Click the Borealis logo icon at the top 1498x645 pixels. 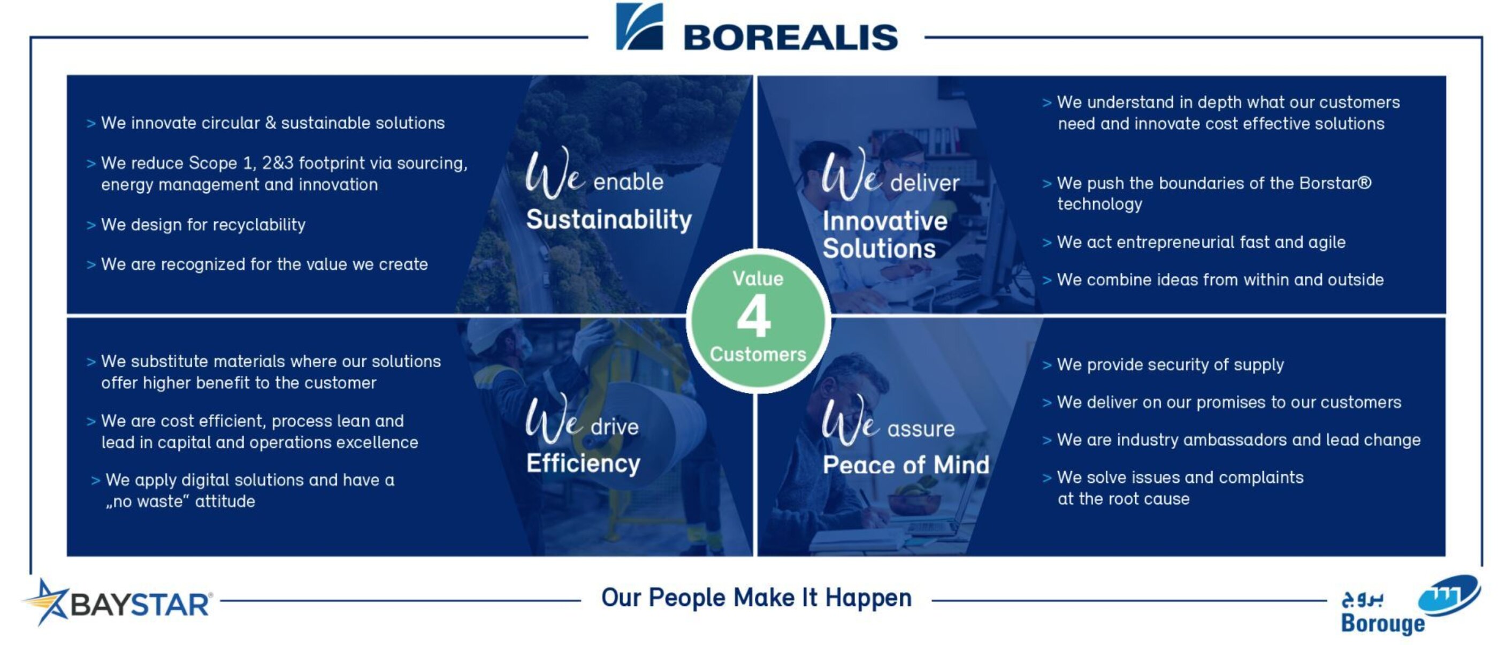639,27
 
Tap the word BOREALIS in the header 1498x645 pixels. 791,38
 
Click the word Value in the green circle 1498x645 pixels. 758,278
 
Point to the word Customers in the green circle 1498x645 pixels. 758,354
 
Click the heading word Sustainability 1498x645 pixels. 609,220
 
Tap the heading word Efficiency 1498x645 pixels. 583,464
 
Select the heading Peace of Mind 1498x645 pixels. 905,465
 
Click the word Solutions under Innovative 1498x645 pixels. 878,249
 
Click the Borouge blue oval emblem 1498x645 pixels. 1449,594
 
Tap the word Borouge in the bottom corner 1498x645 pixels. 1383,624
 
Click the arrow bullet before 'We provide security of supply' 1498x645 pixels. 1047,365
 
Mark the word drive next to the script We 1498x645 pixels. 615,428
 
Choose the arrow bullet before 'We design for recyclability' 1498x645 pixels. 91,225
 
